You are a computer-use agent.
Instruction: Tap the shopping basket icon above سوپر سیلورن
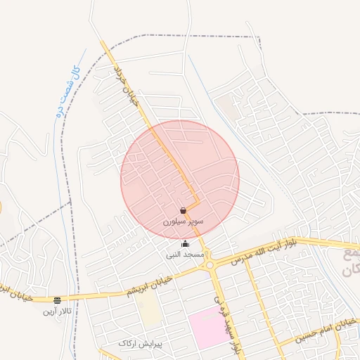(184, 210)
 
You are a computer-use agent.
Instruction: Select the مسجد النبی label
(184, 254)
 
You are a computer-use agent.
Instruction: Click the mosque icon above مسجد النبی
(185, 244)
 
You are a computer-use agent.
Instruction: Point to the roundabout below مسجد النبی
(210, 265)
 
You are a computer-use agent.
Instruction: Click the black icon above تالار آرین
(57, 300)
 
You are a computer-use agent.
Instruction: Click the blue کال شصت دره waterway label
(65, 90)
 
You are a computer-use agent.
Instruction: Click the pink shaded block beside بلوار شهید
(208, 327)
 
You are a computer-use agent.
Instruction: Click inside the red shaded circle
(162, 169)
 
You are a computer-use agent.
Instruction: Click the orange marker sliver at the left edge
(1, 207)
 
